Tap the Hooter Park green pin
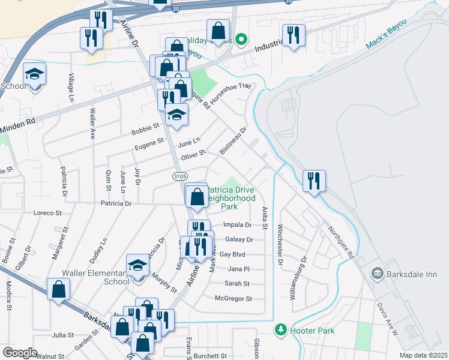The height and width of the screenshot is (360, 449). [279, 329]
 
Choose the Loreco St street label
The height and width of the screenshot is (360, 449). [48, 213]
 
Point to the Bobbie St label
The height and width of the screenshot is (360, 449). [145, 127]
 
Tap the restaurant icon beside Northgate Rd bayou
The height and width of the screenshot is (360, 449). [313, 181]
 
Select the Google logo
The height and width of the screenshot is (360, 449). [20, 353]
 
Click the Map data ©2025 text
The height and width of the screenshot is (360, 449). [423, 355]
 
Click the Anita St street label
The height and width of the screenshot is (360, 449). [264, 218]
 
